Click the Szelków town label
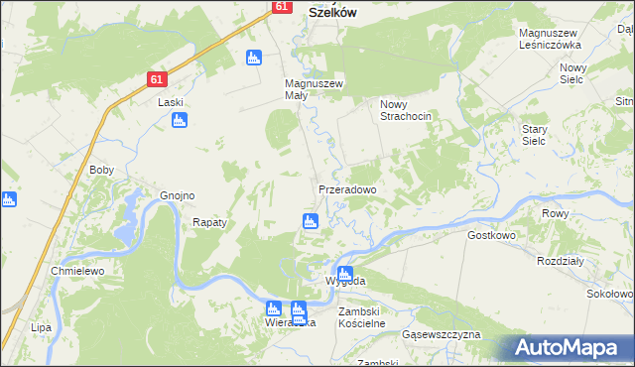(332, 12)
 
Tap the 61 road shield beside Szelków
(281, 6)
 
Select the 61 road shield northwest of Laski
(158, 78)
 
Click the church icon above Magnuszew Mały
(254, 58)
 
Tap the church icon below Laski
(180, 121)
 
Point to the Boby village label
(102, 170)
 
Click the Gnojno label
(177, 195)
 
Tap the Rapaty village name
(209, 223)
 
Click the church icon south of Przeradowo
(311, 220)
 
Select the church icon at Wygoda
(344, 274)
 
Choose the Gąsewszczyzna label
(442, 335)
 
